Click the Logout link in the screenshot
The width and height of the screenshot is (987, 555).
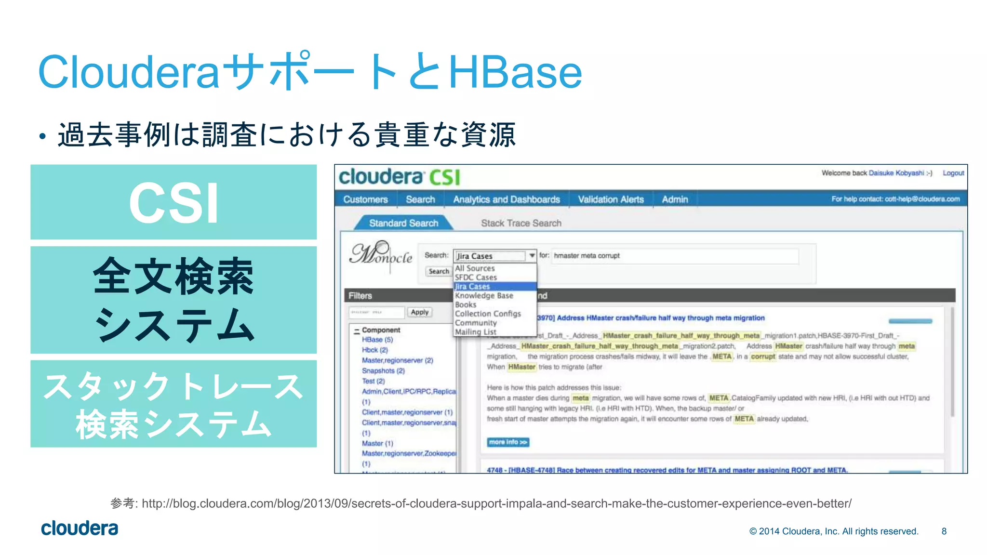coord(953,173)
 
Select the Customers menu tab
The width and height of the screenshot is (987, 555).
coord(365,199)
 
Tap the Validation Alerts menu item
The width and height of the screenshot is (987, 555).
coord(611,199)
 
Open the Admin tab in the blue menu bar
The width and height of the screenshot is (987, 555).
coord(675,199)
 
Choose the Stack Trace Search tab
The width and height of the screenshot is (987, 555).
coord(521,223)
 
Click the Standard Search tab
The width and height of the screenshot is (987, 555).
coord(403,223)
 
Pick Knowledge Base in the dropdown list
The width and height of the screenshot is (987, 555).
coord(484,295)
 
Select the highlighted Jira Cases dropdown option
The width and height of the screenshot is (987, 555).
coord(472,287)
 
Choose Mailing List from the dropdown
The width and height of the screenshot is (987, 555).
coord(475,332)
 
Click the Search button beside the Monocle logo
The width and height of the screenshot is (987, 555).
coord(439,271)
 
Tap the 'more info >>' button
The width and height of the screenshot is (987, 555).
coord(508,442)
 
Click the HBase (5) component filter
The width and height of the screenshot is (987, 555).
coord(377,340)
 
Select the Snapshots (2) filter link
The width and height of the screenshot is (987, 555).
coord(383,371)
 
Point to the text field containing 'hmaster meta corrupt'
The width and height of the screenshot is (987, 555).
coord(675,256)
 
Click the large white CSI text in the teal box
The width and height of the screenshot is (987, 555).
coord(173,203)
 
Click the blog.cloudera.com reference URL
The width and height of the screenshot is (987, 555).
coord(496,503)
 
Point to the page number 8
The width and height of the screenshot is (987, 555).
coord(944,531)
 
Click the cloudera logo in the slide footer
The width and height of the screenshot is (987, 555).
coord(80,529)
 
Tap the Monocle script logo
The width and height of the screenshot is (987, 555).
coord(381,255)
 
